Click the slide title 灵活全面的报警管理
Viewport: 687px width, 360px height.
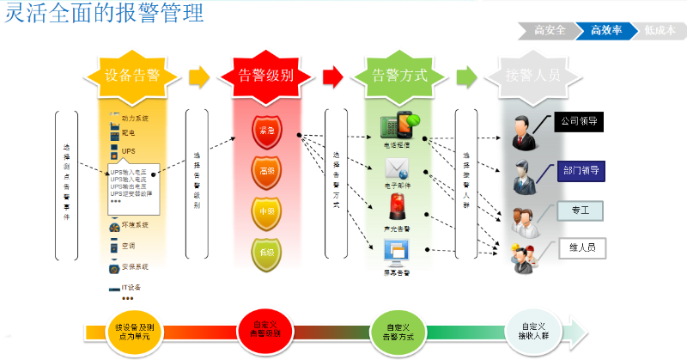[x=105, y=15]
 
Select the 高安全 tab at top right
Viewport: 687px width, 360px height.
[x=550, y=31]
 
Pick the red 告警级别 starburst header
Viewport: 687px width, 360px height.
[x=265, y=75]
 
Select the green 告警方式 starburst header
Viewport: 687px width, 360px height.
[x=399, y=75]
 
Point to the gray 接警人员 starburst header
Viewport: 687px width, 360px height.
[x=533, y=75]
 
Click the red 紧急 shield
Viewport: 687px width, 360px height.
[x=265, y=132]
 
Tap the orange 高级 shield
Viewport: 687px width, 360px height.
[x=265, y=171]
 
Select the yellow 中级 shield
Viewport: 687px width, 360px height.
[x=265, y=211]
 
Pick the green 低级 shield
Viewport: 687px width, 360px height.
[x=265, y=251]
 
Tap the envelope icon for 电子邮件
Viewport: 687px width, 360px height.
[x=397, y=168]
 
